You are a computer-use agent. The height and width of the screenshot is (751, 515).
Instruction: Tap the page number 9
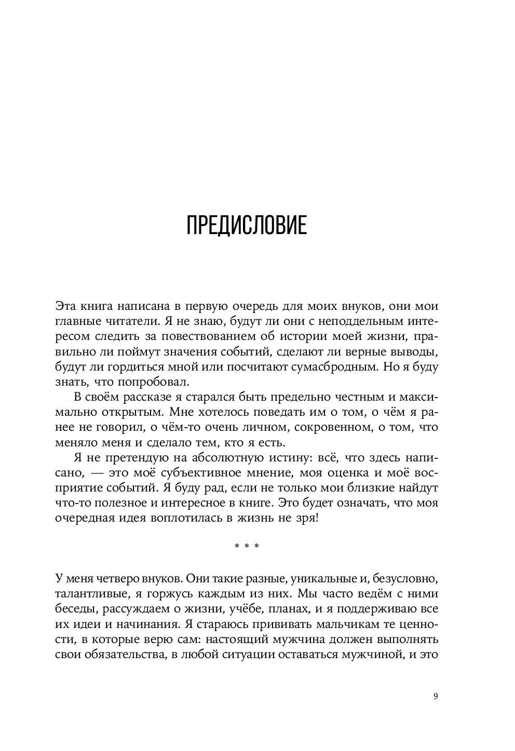tap(436, 697)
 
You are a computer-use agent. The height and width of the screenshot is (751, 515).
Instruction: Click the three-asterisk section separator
tap(247, 546)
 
